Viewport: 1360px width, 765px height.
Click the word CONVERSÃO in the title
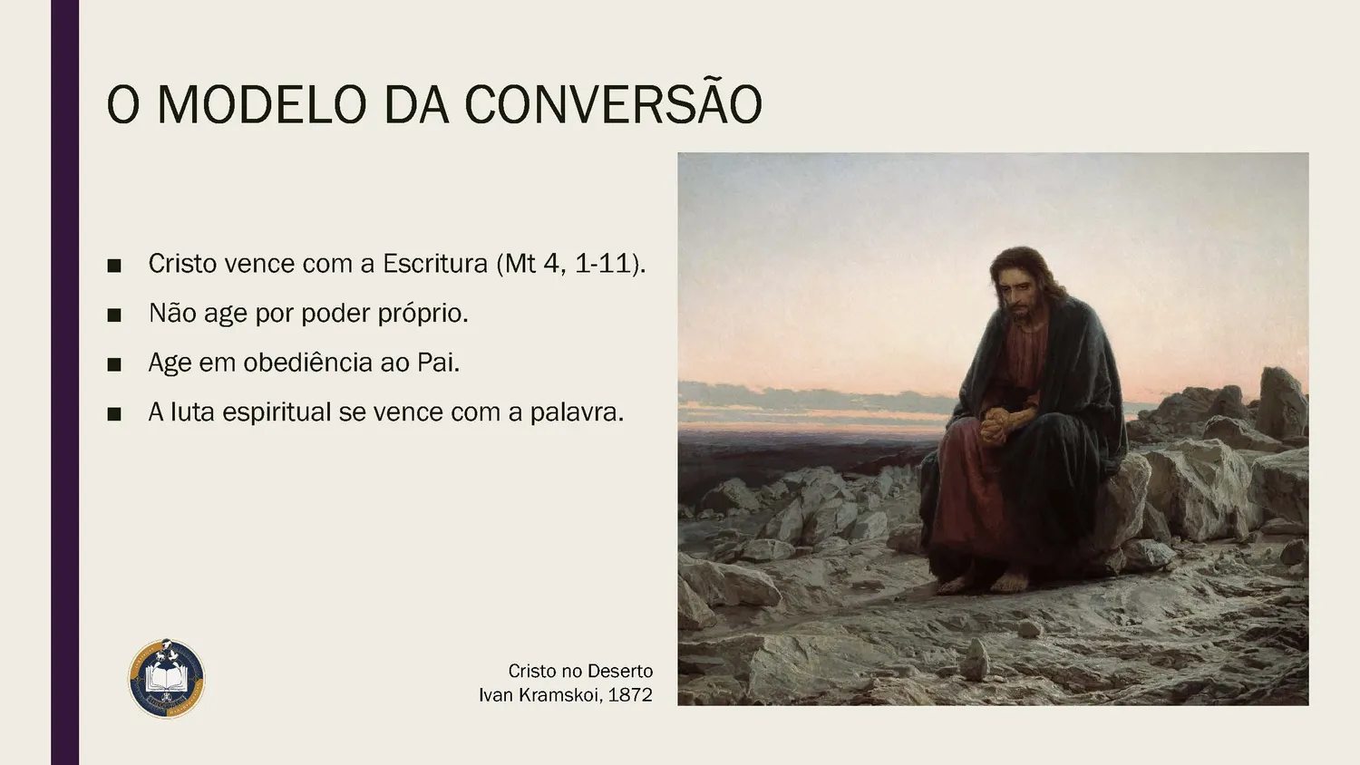point(613,105)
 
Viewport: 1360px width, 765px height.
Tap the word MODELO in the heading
point(261,105)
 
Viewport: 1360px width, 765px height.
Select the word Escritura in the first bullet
point(435,264)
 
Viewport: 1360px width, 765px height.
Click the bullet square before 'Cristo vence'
point(114,266)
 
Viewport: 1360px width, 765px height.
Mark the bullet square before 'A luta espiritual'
point(114,414)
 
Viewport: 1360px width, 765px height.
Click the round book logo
point(167,679)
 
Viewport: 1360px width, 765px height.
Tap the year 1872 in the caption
point(630,695)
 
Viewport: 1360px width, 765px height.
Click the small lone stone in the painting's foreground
point(975,659)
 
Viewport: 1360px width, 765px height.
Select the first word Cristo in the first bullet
point(182,264)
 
